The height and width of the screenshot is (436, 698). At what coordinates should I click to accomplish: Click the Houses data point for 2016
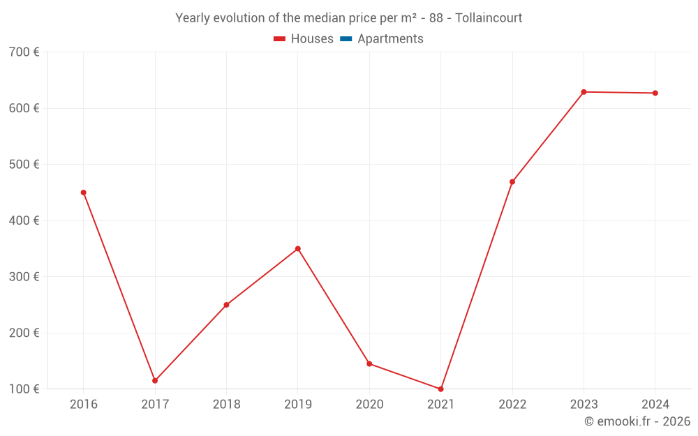pos(84,193)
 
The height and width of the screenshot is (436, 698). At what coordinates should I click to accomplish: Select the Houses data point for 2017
pos(155,381)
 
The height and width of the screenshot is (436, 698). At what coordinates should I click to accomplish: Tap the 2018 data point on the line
pos(226,305)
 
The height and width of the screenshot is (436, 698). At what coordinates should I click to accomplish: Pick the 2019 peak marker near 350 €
pos(298,249)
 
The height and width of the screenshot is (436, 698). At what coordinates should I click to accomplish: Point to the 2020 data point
pos(369,364)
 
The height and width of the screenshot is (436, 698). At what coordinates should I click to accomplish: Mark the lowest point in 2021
pos(440,389)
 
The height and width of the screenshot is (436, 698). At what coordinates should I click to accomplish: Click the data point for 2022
pos(512,182)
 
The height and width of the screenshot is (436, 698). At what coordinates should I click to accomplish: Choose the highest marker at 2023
pos(584,92)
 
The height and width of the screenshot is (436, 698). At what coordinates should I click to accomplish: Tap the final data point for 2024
pos(655,93)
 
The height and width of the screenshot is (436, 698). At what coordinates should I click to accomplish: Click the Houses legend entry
pos(304,39)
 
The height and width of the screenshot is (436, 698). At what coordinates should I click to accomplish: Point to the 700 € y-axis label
pos(24,52)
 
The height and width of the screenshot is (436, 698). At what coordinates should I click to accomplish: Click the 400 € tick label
pos(24,220)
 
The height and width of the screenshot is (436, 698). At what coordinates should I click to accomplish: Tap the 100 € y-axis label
pos(24,389)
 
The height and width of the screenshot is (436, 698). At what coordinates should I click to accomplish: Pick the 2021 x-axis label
pos(440,405)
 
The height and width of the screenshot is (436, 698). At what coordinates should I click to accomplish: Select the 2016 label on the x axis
pos(84,405)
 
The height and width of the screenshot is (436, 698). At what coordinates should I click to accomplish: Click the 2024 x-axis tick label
pos(655,405)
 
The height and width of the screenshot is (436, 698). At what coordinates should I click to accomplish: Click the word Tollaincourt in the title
pos(489,18)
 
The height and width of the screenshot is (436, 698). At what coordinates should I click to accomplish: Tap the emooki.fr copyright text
pos(637,421)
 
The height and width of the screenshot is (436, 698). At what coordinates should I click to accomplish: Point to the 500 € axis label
pos(24,165)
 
